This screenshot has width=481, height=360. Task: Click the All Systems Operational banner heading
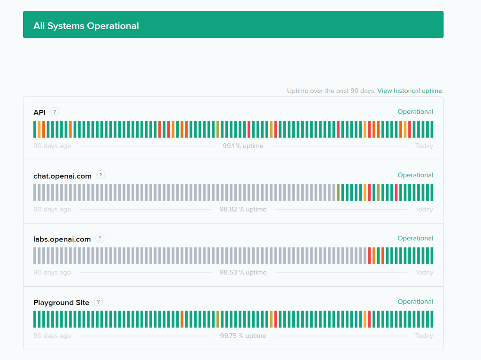point(86,26)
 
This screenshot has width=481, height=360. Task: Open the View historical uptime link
point(410,91)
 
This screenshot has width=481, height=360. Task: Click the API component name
point(39,112)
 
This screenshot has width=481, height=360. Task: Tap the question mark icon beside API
point(55,112)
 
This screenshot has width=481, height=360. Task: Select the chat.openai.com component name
point(62,176)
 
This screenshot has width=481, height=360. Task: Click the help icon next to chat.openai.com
point(101,175)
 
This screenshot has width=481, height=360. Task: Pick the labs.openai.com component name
point(62,239)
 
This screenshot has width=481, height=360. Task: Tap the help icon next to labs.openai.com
point(100,238)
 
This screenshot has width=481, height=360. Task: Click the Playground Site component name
point(61,303)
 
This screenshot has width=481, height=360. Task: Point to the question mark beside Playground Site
point(99,302)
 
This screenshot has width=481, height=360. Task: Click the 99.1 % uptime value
point(243,146)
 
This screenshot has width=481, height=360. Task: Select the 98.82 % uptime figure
point(243,209)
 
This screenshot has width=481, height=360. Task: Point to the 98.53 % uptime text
point(243,273)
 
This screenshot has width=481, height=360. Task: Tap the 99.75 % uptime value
point(243,336)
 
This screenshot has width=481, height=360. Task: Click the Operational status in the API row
point(415,112)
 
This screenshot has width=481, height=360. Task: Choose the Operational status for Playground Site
point(415,302)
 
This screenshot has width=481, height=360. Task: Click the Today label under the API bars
point(424,146)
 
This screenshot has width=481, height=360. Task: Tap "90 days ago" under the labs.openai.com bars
point(52,273)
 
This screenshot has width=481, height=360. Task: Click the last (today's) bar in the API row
point(432,129)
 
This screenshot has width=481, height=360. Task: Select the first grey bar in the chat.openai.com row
point(35,193)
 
